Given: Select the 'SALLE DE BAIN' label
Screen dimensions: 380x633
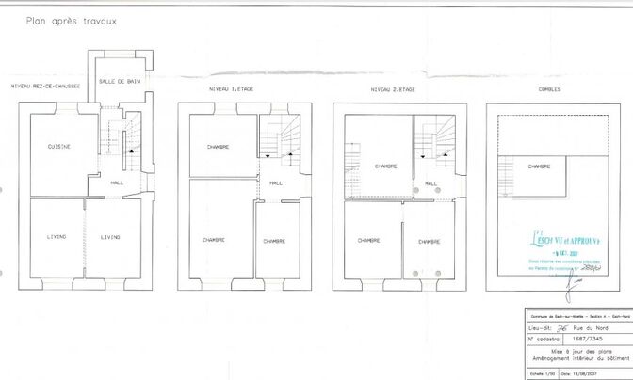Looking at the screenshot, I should click(x=120, y=81).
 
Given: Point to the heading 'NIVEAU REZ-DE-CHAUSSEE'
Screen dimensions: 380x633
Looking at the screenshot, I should click(x=45, y=87).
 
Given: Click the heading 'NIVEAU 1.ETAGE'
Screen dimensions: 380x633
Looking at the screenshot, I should click(x=231, y=88).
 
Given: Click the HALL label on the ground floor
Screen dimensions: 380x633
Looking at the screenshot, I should click(x=117, y=182).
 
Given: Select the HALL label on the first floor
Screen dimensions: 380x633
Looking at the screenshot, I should click(x=277, y=183).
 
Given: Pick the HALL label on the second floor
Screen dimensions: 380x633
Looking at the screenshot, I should click(x=430, y=183).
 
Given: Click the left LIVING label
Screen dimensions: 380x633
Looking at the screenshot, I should click(x=57, y=236).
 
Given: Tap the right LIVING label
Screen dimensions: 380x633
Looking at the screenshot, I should click(x=110, y=236).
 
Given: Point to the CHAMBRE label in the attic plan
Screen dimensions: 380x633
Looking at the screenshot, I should click(x=539, y=166).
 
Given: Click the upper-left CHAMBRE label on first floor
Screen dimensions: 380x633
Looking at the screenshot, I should click(x=219, y=148).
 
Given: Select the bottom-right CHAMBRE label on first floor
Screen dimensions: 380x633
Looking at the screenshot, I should click(x=274, y=241).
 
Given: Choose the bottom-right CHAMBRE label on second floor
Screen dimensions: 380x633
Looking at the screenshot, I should click(x=430, y=241).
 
